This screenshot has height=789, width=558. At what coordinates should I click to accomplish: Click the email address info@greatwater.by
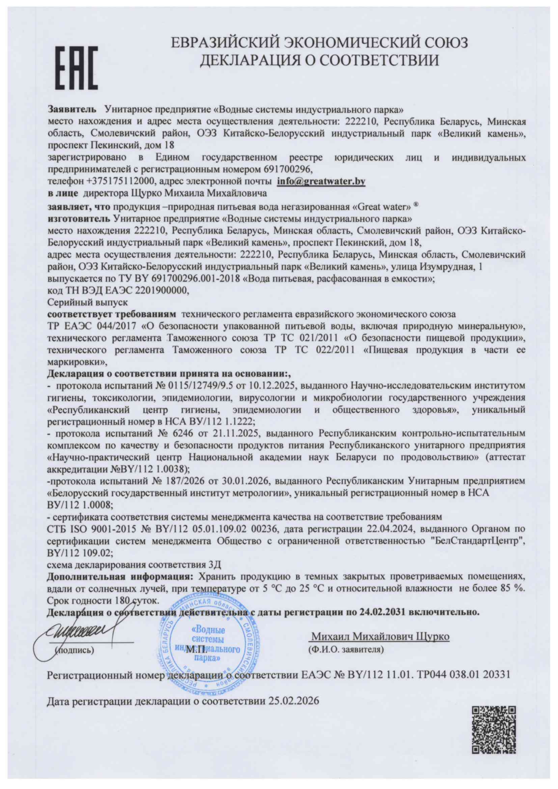pyautogui.click(x=321, y=182)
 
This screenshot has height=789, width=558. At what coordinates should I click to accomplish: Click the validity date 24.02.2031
pyautogui.click(x=381, y=612)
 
